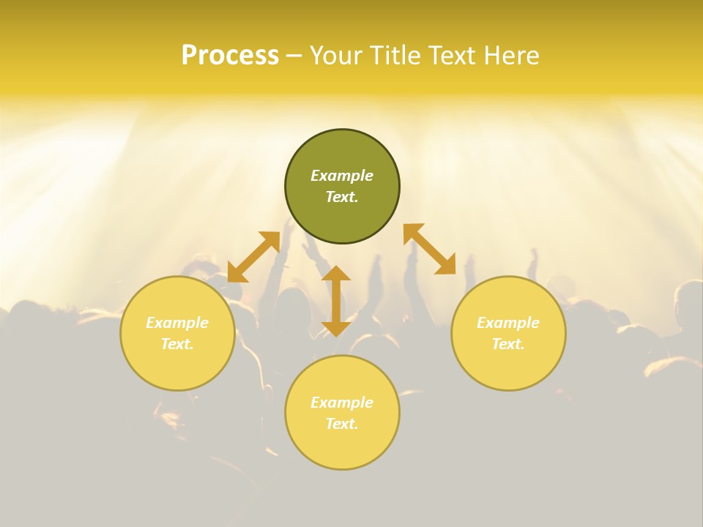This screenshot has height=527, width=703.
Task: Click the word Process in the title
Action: click(x=230, y=56)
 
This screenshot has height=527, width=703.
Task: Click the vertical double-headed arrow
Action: click(x=336, y=301)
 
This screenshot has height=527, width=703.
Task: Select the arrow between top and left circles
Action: click(x=253, y=257)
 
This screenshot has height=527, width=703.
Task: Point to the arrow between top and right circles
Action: click(x=430, y=249)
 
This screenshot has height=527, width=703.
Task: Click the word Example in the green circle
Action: click(x=342, y=176)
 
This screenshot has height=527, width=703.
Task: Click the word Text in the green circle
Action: click(x=342, y=197)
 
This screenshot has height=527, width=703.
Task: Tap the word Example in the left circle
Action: click(x=177, y=323)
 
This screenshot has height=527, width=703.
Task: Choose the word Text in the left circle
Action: click(x=177, y=344)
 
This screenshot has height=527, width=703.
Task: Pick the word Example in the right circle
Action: click(x=508, y=323)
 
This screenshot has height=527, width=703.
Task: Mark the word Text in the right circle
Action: click(x=508, y=344)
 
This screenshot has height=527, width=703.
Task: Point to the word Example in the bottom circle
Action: click(x=342, y=403)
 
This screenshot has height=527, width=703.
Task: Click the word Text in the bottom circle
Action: click(x=342, y=424)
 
